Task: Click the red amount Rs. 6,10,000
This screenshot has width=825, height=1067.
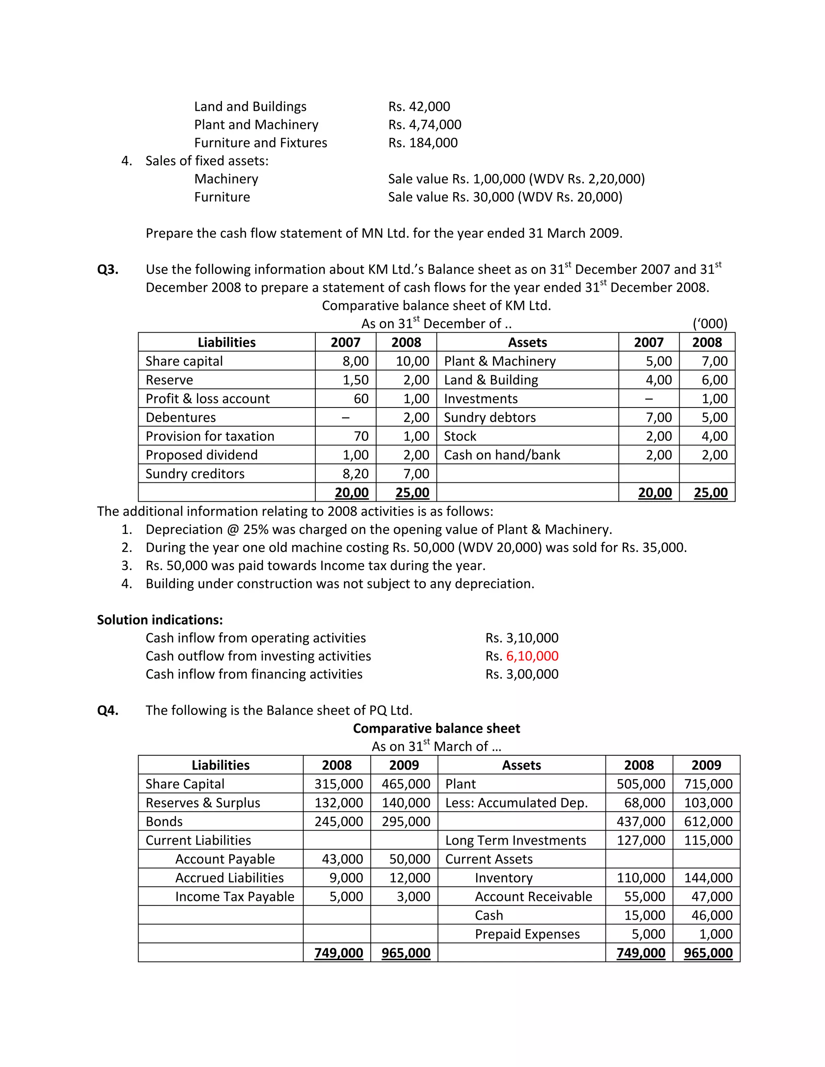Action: coord(532,656)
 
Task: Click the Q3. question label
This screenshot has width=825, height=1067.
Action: coord(108,270)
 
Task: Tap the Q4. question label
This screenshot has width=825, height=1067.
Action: coord(108,710)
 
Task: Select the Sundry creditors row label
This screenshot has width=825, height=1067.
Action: coord(195,474)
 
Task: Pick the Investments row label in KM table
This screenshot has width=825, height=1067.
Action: coord(481,399)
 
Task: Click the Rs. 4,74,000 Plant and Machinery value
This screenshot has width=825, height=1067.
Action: coord(424,124)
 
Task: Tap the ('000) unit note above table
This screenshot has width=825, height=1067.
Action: coord(710,323)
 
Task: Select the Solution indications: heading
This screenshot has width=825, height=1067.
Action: coord(160,620)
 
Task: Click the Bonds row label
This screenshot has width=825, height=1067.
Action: coord(164,822)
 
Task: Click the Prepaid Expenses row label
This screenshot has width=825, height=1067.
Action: coord(527,934)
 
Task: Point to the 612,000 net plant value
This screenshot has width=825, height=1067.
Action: coord(708,822)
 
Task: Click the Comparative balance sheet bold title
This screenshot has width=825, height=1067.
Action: coord(436,728)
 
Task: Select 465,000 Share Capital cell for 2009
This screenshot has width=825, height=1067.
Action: coord(406,784)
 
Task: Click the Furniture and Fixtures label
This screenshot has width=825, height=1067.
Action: coord(261,143)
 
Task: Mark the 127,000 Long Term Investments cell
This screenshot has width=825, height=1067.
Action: coord(641,840)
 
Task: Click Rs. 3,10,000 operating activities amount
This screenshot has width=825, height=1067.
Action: coord(522,638)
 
